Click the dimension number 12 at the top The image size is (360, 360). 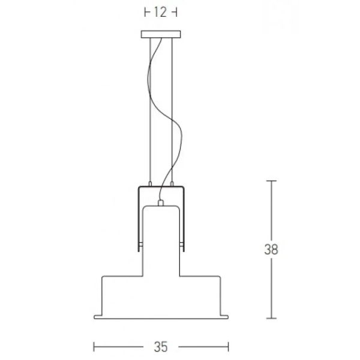pyautogui.click(x=160, y=12)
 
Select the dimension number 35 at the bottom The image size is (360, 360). pyautogui.click(x=160, y=346)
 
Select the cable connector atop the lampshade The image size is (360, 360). pyautogui.click(x=160, y=202)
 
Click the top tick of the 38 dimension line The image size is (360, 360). pyautogui.click(x=272, y=181)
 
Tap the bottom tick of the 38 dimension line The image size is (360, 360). pyautogui.click(x=272, y=319)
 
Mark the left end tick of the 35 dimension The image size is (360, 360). pyautogui.click(x=94, y=346)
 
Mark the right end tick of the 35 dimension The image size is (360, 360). pyautogui.click(x=229, y=346)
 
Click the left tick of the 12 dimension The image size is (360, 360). pyautogui.click(x=145, y=12)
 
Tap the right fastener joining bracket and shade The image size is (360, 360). pyautogui.click(x=182, y=246)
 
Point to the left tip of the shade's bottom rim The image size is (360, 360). pyautogui.click(x=94, y=316)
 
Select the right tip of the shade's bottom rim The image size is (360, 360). pyautogui.click(x=228, y=316)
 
